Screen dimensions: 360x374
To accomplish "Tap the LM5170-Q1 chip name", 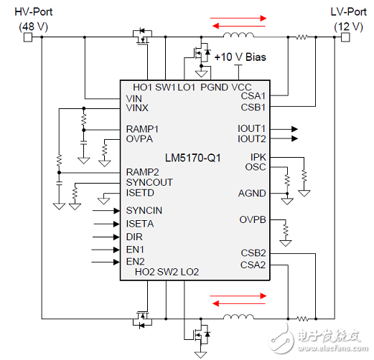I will point(187,157).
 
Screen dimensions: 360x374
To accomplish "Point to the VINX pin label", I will point(138,107).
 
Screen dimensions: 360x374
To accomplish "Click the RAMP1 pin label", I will point(142,128).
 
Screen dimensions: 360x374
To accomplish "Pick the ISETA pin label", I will point(139,223).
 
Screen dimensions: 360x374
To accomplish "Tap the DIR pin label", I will point(134,236).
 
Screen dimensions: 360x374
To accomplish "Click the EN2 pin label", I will point(135,262).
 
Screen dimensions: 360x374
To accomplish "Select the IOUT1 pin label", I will point(252,128).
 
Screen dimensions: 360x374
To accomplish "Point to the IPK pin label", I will point(258,156).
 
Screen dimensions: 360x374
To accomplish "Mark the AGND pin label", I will point(252,193).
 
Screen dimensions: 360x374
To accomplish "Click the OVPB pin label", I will point(253,219).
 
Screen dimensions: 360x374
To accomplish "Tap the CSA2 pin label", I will point(253,265).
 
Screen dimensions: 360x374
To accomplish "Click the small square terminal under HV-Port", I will point(29,37).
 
